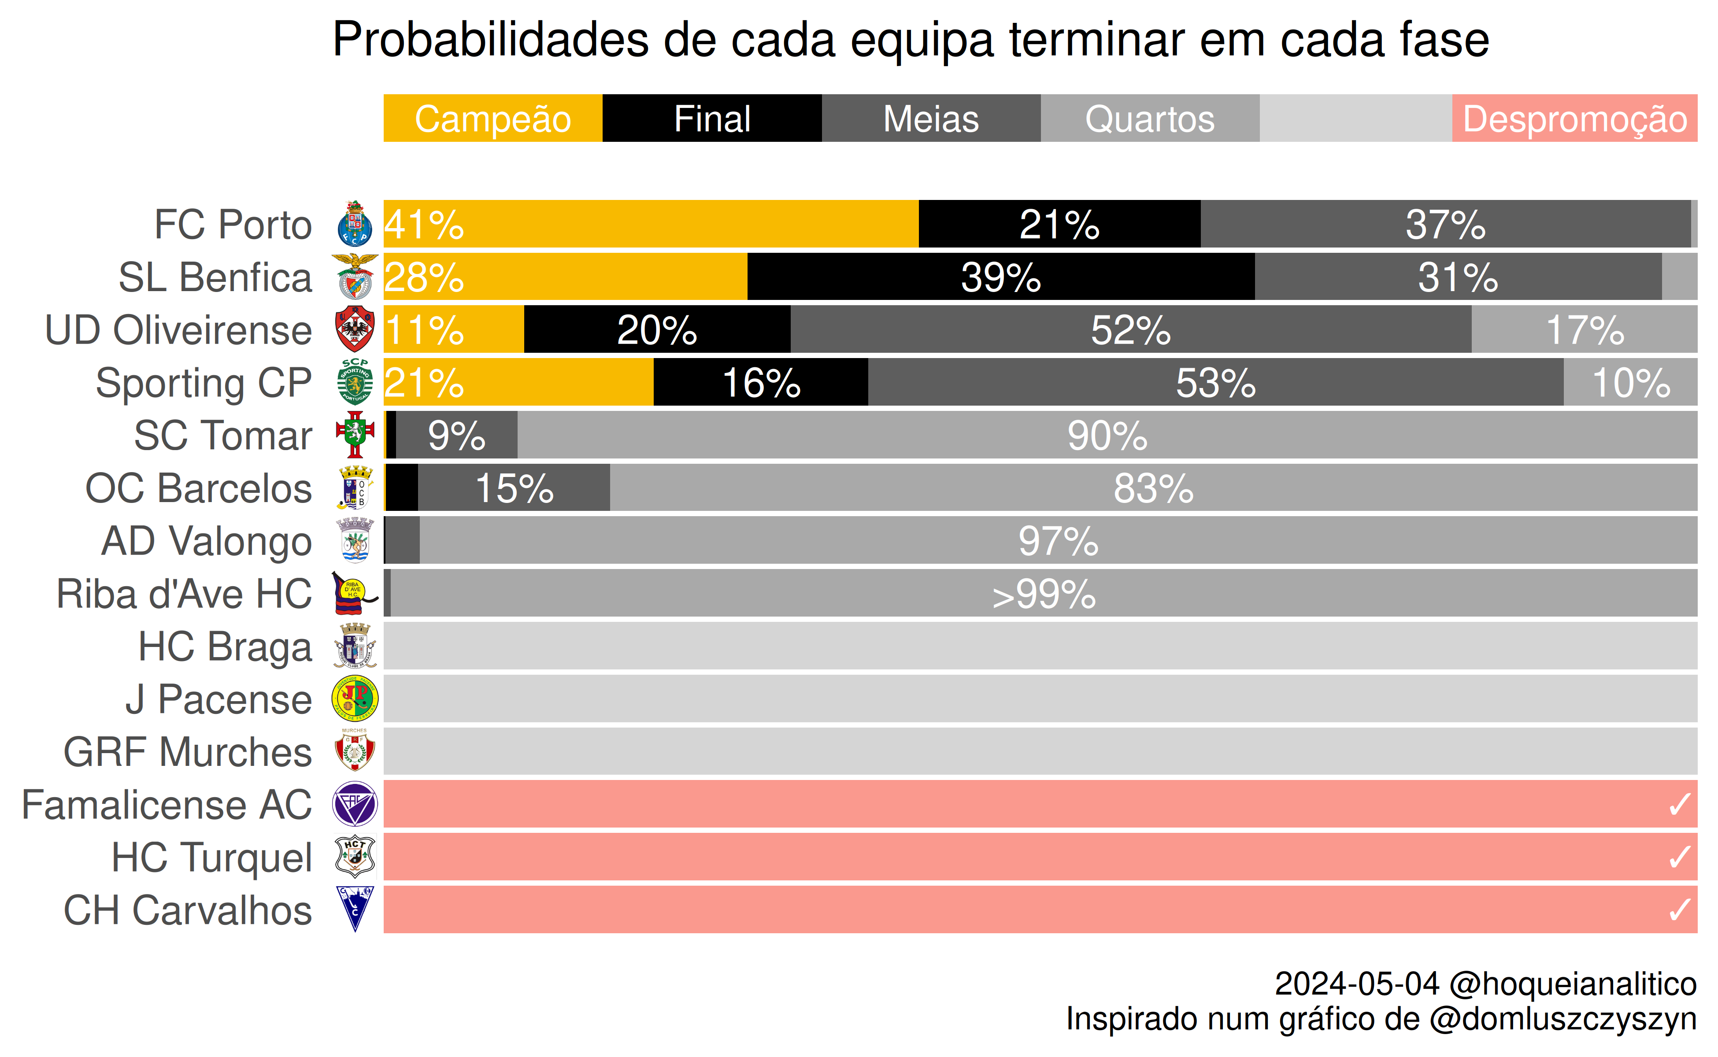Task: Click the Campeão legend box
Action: point(493,118)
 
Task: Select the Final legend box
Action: point(712,118)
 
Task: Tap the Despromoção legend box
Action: point(1575,118)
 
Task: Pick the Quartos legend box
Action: point(1150,118)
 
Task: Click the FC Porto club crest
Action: point(355,224)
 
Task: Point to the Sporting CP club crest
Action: point(355,382)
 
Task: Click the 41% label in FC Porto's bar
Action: point(424,225)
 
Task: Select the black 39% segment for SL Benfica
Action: point(1001,277)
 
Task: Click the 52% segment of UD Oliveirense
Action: point(1131,329)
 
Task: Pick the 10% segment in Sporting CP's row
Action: point(1631,382)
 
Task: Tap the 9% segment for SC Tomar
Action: point(457,435)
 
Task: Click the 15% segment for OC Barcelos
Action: point(514,487)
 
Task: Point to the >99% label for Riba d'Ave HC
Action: point(1044,594)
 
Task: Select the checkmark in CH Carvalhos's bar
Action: point(1680,909)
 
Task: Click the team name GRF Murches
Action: point(187,752)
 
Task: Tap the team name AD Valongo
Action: point(206,542)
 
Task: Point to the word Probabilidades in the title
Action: point(491,39)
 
